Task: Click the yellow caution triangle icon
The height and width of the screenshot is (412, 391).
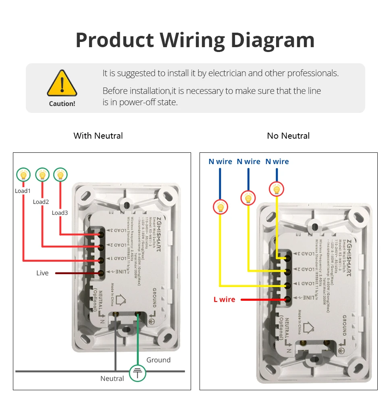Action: click(x=62, y=83)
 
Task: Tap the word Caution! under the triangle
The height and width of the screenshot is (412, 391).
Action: click(x=62, y=104)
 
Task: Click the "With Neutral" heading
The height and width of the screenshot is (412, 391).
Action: click(x=98, y=135)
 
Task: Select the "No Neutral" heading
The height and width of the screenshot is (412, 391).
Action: click(x=288, y=135)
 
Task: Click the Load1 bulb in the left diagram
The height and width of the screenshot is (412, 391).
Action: click(x=23, y=175)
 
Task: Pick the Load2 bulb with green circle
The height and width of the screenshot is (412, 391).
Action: click(x=42, y=175)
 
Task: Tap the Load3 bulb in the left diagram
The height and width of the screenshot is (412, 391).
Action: click(x=60, y=175)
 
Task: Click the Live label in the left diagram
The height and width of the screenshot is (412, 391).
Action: click(x=42, y=273)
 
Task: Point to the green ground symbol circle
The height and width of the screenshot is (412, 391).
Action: click(x=137, y=373)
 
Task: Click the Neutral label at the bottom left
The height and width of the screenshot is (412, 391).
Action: click(x=112, y=379)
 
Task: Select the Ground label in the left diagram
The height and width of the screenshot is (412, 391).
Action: click(x=158, y=360)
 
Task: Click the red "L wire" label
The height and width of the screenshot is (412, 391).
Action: click(x=224, y=300)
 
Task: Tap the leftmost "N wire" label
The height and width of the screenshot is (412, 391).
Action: click(x=220, y=162)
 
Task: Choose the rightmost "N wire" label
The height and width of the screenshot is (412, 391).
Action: click(x=277, y=162)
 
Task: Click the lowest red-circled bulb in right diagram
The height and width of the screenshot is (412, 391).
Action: click(x=220, y=207)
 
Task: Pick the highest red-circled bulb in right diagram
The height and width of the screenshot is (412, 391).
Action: click(x=277, y=188)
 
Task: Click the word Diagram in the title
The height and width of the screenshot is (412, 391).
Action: click(x=272, y=40)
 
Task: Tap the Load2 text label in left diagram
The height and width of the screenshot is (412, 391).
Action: click(x=41, y=202)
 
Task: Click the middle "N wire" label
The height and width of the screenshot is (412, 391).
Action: click(x=248, y=162)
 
